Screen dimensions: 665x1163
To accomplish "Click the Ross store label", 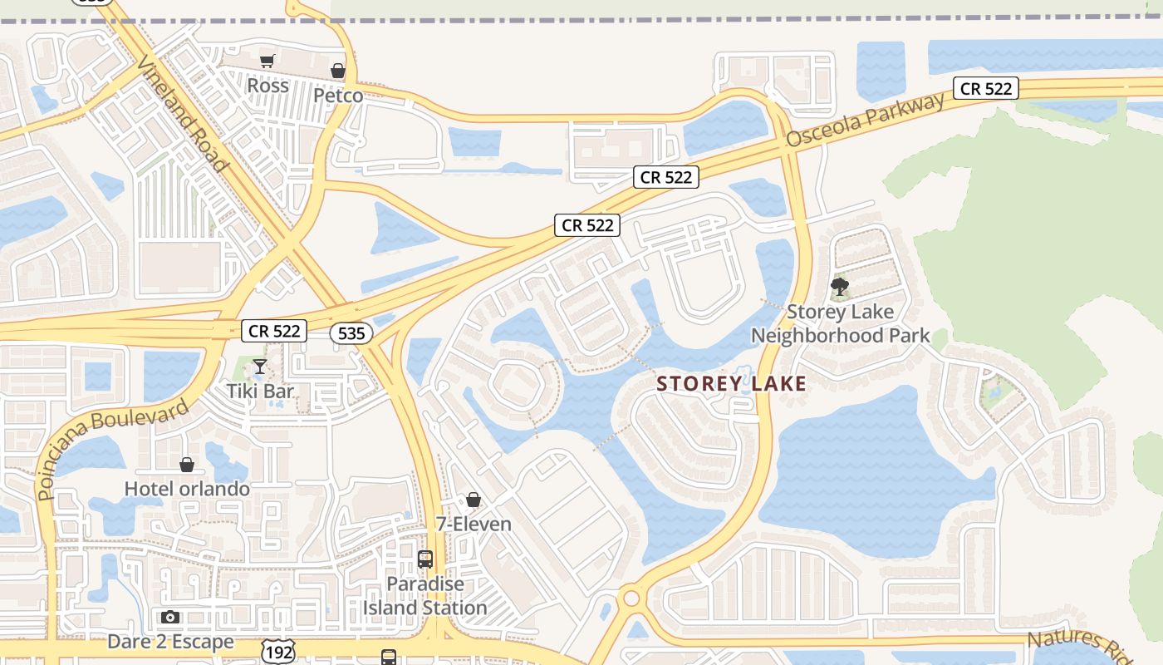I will [268, 86].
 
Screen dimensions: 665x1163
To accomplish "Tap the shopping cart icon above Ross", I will [267, 61].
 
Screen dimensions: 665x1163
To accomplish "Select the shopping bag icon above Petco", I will [338, 71].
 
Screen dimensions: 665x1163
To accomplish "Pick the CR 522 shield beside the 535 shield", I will [274, 331].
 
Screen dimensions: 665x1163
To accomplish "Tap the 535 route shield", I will [351, 333].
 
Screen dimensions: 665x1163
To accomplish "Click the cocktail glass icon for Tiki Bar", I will [260, 367].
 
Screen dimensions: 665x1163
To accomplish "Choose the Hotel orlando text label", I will [187, 489].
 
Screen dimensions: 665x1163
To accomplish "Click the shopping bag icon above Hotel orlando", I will [187, 464].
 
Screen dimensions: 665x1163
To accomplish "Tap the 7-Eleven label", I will [474, 525].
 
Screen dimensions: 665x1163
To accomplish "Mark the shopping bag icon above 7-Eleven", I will [474, 500].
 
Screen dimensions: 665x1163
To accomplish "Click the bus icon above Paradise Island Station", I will [425, 559].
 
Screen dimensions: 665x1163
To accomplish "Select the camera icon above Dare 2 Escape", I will [170, 617].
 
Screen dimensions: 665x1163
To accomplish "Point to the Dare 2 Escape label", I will [170, 642].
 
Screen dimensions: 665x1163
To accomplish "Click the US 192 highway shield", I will [277, 653].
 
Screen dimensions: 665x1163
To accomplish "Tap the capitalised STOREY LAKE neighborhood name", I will [731, 383].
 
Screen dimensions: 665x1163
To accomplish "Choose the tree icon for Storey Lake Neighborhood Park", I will [840, 288].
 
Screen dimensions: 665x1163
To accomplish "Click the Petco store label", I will [338, 96].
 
